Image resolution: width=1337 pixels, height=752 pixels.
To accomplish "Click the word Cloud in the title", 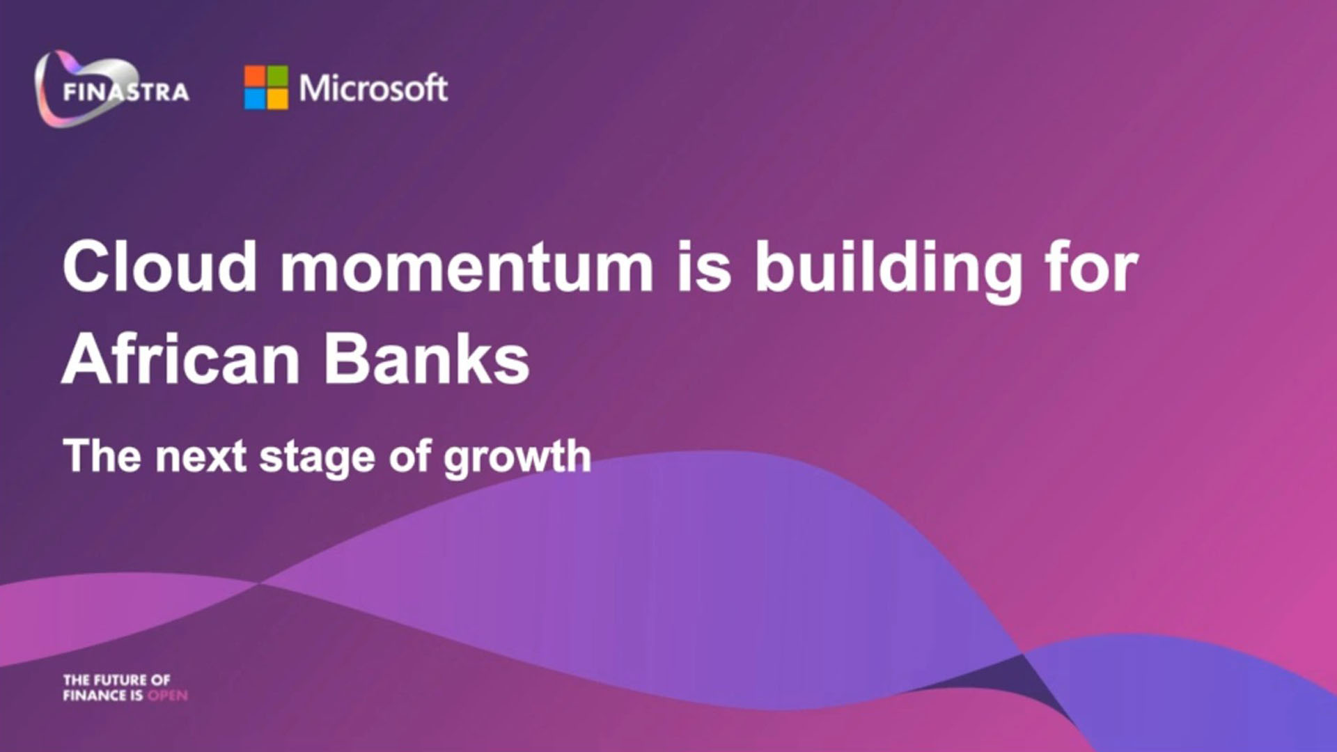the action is (x=160, y=266).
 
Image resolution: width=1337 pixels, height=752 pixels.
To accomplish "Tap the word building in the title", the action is (x=888, y=272).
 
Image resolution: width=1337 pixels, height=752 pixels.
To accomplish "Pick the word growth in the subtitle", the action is (x=517, y=458).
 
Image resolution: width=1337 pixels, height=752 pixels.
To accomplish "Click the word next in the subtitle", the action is (x=201, y=457).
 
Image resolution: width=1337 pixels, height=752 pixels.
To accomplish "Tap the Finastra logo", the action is (x=111, y=88).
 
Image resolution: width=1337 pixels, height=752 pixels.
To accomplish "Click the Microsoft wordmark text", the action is (x=373, y=88).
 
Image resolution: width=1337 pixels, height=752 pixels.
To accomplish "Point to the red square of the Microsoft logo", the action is (x=254, y=76).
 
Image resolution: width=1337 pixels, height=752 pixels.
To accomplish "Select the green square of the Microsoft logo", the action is (x=277, y=76).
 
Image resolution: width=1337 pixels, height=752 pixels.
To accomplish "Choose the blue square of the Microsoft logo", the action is (x=254, y=99).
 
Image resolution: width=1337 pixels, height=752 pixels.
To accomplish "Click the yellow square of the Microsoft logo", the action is (x=277, y=99).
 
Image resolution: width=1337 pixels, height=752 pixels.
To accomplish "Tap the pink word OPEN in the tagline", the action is (x=168, y=695).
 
